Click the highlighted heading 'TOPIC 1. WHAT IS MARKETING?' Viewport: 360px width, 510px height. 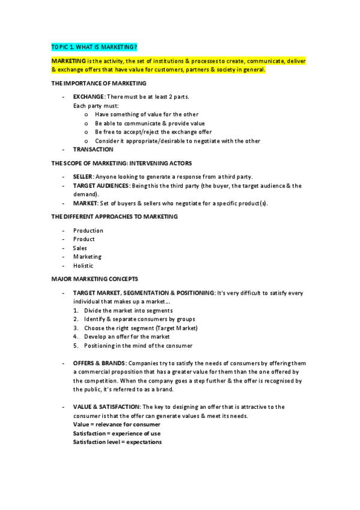(98, 46)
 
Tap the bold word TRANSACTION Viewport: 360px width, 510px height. (93, 149)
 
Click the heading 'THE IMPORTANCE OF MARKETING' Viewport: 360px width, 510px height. (99, 83)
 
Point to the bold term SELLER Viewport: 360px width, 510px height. (83, 176)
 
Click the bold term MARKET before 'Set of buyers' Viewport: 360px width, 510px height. (84, 203)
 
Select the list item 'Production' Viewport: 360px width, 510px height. (88, 230)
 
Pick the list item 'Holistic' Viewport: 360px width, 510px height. (83, 265)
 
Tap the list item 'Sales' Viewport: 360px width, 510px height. (80, 248)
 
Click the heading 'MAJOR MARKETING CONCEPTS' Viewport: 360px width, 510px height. (94, 279)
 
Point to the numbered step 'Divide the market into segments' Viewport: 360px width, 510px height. (128, 310)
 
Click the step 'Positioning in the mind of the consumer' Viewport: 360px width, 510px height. (138, 345)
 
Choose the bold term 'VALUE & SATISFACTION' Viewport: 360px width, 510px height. (106, 407)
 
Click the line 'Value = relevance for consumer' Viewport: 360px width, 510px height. (117, 425)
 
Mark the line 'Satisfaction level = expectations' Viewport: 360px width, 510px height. (117, 442)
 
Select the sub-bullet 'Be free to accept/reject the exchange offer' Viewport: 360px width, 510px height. (153, 132)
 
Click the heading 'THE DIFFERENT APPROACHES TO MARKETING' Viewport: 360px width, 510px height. (114, 217)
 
